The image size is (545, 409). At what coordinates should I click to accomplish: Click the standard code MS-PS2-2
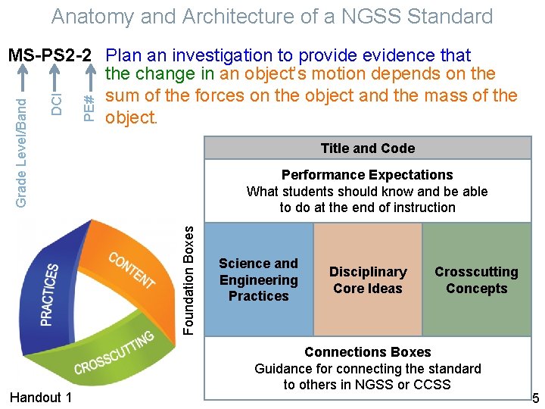(50, 55)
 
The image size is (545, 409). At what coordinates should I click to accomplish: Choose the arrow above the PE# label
(89, 79)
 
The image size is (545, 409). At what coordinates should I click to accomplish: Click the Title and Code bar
(368, 148)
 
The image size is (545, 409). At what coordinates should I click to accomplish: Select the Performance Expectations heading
(367, 175)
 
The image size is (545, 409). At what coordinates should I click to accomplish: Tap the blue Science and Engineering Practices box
(259, 279)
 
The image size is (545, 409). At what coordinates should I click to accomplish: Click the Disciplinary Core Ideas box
(368, 279)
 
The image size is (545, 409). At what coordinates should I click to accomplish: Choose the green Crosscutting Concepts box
(477, 279)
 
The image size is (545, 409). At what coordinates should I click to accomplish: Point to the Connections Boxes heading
(367, 352)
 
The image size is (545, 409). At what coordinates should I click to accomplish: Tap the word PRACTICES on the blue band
(49, 294)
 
